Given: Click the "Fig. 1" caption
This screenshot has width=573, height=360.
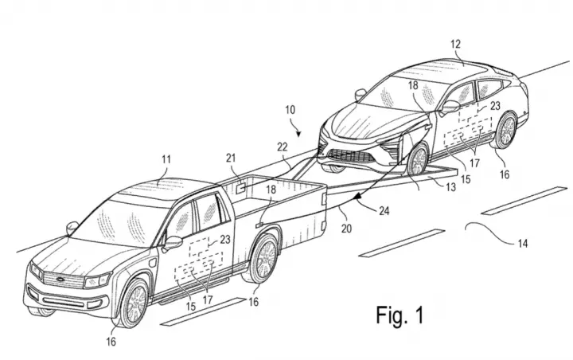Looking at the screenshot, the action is (x=400, y=315).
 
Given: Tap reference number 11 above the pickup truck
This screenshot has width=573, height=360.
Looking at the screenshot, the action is (x=166, y=160).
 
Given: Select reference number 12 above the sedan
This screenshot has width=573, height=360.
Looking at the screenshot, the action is (x=455, y=45).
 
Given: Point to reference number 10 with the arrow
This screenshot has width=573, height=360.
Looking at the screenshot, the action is (x=290, y=110).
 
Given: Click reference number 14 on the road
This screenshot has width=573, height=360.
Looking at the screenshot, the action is (x=523, y=244).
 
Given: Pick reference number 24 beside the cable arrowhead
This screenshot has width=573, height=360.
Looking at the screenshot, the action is (x=384, y=211).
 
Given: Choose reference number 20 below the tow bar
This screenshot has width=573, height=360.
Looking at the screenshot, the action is (x=346, y=229).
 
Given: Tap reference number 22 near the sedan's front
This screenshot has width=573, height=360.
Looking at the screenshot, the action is (x=282, y=147).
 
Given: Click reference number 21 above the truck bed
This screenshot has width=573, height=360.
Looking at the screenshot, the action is (x=231, y=158).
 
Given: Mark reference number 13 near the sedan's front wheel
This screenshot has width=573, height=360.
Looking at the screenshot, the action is (x=451, y=187).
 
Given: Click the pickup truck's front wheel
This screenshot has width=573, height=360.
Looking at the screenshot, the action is (x=134, y=303).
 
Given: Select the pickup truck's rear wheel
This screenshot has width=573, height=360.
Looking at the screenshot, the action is (x=263, y=259).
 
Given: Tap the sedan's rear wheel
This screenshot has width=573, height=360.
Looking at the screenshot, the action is (x=506, y=130).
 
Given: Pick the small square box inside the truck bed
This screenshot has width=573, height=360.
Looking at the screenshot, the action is (x=240, y=189).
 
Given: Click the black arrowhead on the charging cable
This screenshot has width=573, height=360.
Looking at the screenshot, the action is (x=358, y=198).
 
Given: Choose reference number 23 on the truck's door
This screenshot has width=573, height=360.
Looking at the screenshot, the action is (x=225, y=240).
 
